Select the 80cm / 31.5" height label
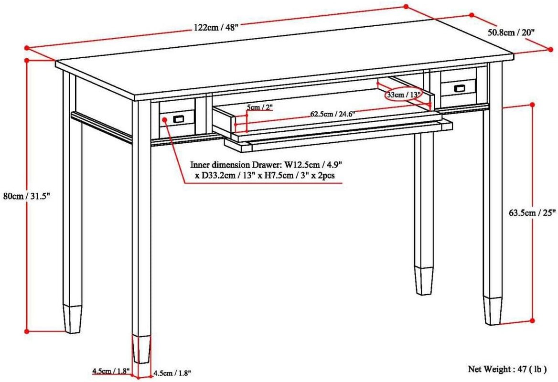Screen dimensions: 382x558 tap(20, 196)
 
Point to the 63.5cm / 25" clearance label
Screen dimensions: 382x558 tap(530, 213)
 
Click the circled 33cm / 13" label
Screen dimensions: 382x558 tap(404, 95)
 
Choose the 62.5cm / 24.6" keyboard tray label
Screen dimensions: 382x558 tap(333, 114)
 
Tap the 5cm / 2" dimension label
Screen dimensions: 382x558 tap(260, 107)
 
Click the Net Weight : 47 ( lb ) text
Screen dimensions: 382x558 tap(506, 369)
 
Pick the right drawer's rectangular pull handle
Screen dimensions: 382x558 tap(446, 88)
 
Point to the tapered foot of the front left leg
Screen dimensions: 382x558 tap(141, 349)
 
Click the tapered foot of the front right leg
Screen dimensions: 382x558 tap(492, 310)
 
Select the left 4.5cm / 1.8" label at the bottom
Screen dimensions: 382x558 tap(111, 371)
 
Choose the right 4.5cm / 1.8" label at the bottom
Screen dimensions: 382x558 tap(173, 373)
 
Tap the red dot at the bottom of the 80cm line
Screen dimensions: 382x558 tap(27, 330)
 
